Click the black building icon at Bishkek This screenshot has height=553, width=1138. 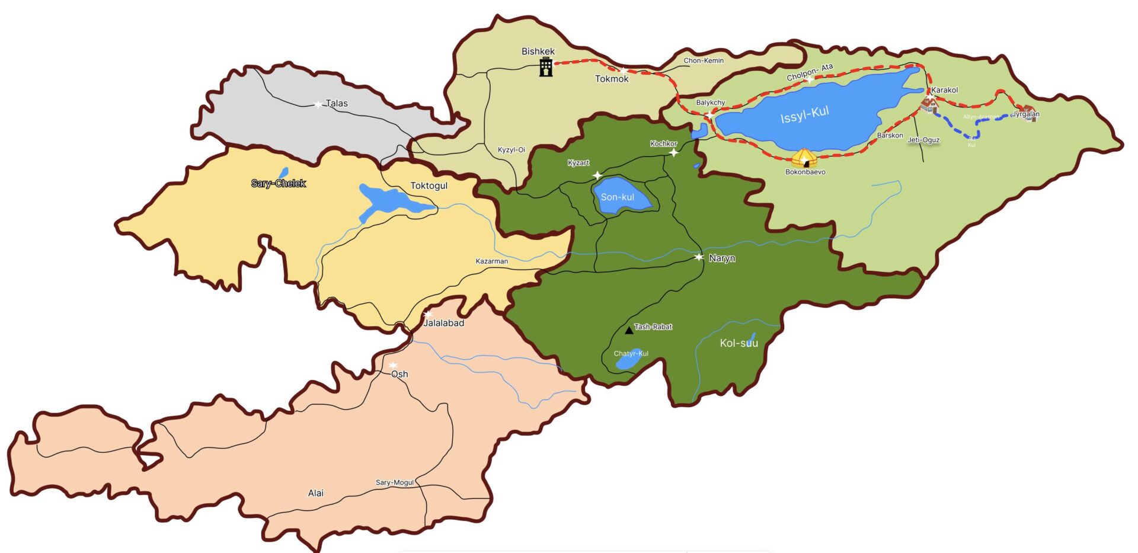(x=546, y=68)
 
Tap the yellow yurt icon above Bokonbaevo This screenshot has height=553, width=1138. (x=804, y=158)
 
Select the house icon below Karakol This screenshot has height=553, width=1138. (x=929, y=105)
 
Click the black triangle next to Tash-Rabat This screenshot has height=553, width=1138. (x=629, y=330)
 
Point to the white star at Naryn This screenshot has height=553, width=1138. (x=699, y=257)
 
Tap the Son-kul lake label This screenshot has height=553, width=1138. (x=617, y=197)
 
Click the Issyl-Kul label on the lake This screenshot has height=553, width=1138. (x=804, y=114)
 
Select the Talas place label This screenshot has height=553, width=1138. (x=336, y=103)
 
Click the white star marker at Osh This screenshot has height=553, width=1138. (x=393, y=365)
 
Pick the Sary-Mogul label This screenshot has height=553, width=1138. (x=395, y=482)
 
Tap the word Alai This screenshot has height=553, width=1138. (x=315, y=493)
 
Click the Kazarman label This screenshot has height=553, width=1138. (x=491, y=261)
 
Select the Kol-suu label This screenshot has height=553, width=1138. (x=738, y=343)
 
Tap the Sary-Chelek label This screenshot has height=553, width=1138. (x=278, y=184)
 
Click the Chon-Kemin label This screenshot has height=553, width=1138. (x=704, y=60)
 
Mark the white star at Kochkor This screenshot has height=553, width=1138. (x=673, y=153)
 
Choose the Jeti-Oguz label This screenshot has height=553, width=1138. (x=923, y=140)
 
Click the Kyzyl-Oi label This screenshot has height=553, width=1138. (x=511, y=150)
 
